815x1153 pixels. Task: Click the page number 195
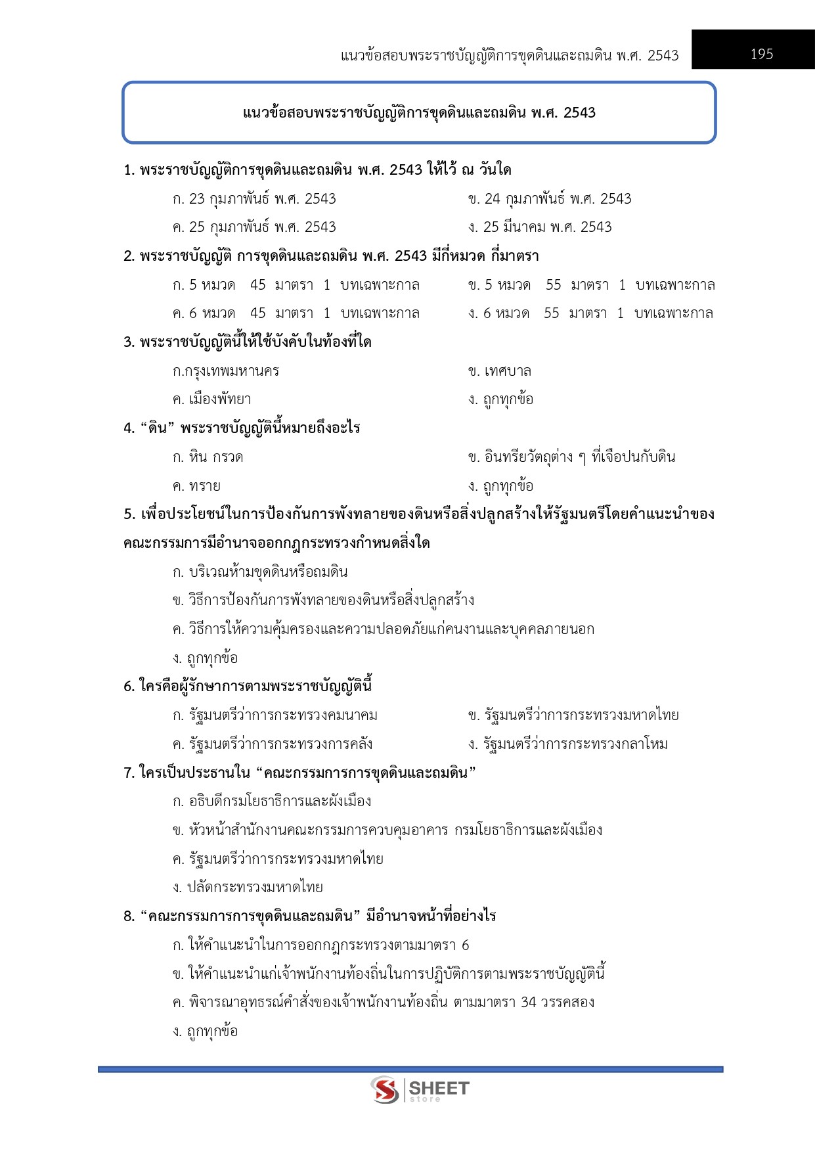761,55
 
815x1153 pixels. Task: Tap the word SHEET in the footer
439,1088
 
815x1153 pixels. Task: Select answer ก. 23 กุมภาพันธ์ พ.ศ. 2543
254,199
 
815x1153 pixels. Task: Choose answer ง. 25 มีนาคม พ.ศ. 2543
540,227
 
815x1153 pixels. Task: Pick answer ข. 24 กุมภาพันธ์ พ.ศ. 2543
550,199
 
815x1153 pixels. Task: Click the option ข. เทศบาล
500,371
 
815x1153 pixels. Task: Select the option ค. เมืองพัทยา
211,399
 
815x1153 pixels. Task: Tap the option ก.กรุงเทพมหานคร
226,371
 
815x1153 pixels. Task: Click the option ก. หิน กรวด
208,457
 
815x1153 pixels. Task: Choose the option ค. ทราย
196,486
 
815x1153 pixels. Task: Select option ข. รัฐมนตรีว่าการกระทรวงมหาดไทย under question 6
573,715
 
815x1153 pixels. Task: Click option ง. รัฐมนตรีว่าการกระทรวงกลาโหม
568,744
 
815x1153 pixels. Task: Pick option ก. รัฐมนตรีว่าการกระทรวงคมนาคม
275,715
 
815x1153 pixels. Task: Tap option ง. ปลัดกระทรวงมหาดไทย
248,888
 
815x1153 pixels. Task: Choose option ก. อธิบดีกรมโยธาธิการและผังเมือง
272,802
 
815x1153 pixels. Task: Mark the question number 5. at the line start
129,514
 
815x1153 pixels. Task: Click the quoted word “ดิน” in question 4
156,428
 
